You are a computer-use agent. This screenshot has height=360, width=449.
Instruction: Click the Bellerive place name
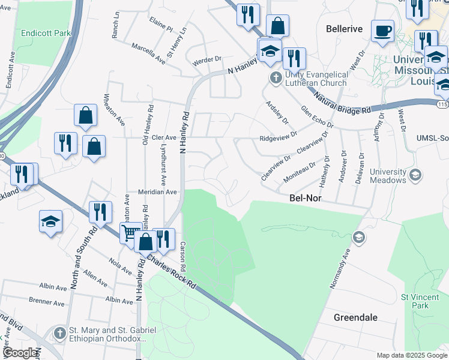point(345,29)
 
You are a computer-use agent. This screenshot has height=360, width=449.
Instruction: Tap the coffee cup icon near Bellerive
point(382,31)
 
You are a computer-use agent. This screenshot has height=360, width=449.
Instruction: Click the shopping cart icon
point(130,233)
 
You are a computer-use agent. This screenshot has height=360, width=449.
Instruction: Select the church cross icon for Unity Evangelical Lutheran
point(276,77)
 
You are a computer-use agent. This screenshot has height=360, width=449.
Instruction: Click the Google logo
point(20,353)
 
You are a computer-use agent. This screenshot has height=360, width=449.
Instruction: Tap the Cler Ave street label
point(164,137)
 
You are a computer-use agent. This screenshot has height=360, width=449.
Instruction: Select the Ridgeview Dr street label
point(278,137)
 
